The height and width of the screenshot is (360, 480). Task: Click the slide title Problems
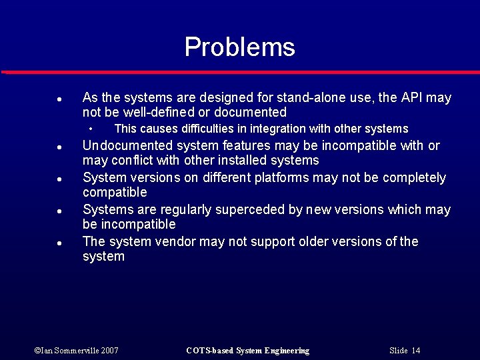point(239,47)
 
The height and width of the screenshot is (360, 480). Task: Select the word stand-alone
point(315,98)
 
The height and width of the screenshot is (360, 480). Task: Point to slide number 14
point(416,351)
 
